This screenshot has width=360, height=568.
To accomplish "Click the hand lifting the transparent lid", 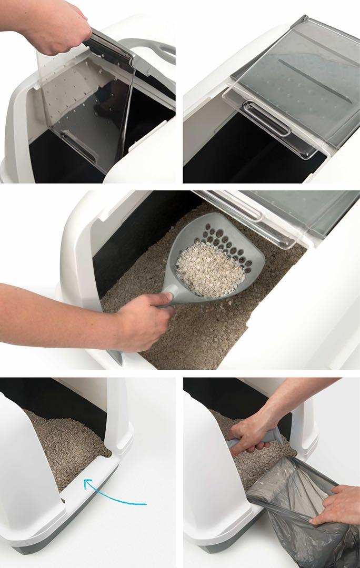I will pos(58,26).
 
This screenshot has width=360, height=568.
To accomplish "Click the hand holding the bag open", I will pos(337,505).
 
